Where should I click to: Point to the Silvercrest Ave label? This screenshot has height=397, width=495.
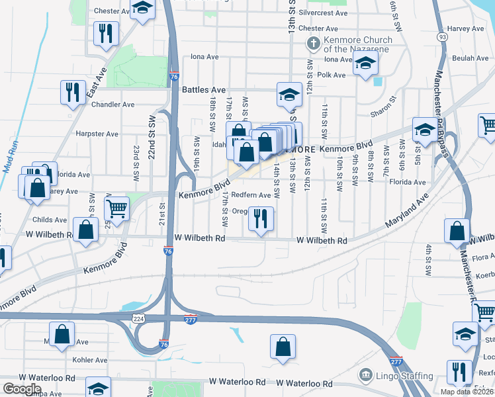tap(323, 13)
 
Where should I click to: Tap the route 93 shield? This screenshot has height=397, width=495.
tap(441, 37)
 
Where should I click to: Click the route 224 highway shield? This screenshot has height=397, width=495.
tap(138, 318)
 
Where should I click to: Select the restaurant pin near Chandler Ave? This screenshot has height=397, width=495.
tap(73, 92)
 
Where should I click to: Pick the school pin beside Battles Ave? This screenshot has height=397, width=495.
tap(289, 95)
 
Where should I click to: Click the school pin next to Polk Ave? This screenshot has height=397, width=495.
tap(365, 65)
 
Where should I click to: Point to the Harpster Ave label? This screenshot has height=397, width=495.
tap(97, 134)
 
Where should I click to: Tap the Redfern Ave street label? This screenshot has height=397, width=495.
tap(251, 195)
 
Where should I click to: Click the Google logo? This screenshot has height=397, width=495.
tap(21, 389)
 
